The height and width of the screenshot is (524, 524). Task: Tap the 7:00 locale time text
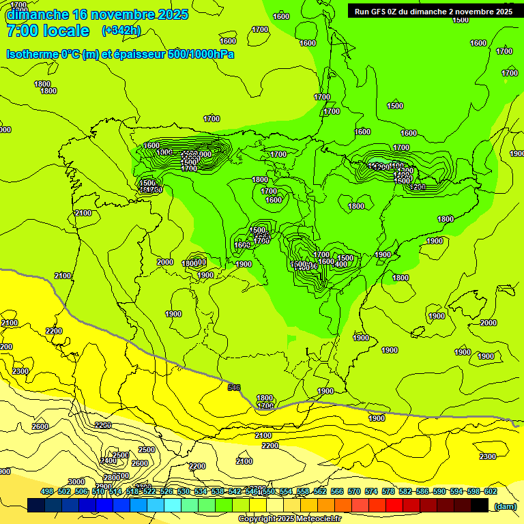(x=48, y=31)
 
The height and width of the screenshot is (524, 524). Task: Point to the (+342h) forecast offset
(x=122, y=31)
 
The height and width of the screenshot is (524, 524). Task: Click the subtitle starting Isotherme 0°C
(x=120, y=54)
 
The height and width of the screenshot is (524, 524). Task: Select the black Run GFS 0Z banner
(x=434, y=11)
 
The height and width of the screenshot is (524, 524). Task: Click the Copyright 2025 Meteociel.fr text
(x=289, y=519)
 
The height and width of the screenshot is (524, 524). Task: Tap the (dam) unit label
(x=505, y=506)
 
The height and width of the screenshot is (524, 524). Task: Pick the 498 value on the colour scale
(x=47, y=491)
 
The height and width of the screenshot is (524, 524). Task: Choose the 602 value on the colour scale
(x=491, y=491)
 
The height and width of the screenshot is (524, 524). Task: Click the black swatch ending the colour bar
(x=480, y=505)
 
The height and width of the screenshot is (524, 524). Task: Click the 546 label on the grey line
(x=234, y=388)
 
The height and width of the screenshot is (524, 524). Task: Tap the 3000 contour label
(x=76, y=482)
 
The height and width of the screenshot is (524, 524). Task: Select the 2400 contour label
(x=108, y=461)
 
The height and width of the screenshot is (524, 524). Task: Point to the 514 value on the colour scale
(x=115, y=491)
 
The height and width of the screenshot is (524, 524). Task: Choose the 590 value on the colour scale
(x=439, y=491)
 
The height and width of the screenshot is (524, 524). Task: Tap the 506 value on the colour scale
(x=81, y=491)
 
